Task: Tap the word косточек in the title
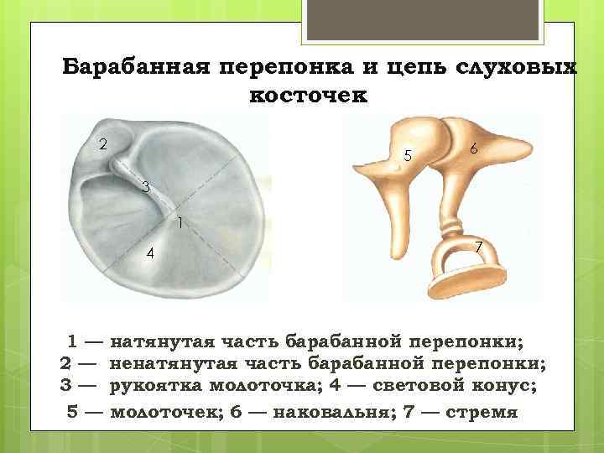(x=308, y=96)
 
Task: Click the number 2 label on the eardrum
(x=102, y=143)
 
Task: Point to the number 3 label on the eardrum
(x=145, y=187)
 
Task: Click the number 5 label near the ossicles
(x=408, y=155)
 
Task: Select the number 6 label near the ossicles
(x=474, y=148)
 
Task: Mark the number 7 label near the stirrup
(x=477, y=247)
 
